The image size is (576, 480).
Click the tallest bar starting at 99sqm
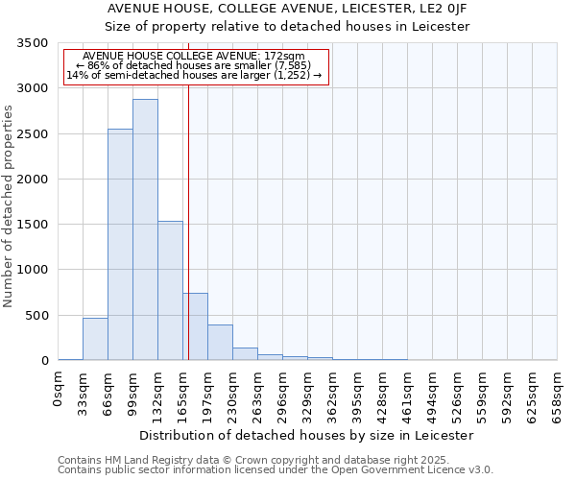[x=145, y=230]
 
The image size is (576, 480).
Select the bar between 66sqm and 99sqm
[x=120, y=245]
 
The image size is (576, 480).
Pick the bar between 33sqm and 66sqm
[x=95, y=339]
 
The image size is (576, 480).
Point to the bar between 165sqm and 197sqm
[x=195, y=326]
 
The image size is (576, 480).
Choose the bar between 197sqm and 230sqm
[x=220, y=343]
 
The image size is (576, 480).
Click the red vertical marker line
[x=188, y=192]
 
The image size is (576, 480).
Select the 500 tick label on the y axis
[x=36, y=316]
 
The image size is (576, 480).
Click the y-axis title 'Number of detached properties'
[x=9, y=206]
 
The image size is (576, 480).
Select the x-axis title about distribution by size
[x=307, y=435]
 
